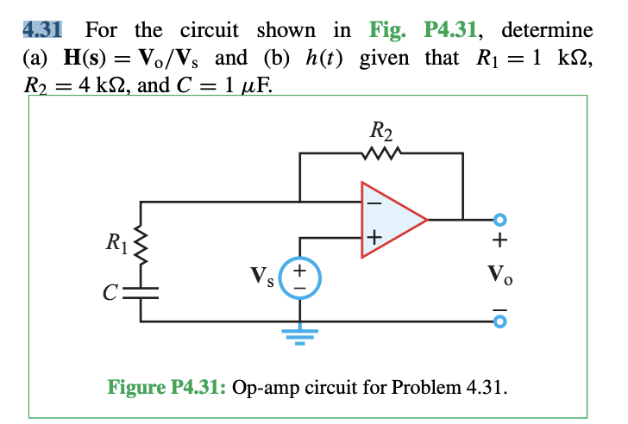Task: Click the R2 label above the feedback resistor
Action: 381,132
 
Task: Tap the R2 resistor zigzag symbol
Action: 381,154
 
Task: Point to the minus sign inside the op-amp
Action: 374,204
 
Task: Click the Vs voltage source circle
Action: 301,277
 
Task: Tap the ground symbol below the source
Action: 301,332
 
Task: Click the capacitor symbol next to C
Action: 141,290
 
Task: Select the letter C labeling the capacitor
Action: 110,290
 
